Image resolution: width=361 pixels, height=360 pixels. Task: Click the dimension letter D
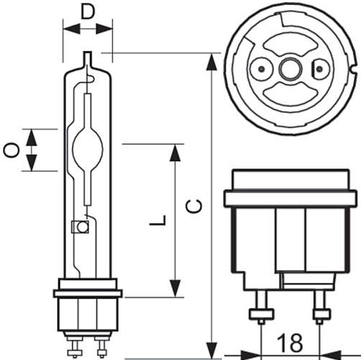pos(88,12)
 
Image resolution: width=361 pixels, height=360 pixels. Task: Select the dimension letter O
pos(11,150)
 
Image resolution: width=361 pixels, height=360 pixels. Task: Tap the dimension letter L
pos(158,220)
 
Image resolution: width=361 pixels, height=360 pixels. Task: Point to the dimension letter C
pos(194,206)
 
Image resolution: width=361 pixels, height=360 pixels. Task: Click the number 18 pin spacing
pos(290,343)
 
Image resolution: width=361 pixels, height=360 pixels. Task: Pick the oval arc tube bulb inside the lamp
pos(88,149)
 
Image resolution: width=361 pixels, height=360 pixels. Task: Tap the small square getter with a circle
pos(80,227)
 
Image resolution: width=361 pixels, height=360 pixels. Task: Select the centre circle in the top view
pos(290,69)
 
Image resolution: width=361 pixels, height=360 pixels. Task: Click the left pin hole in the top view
pos(262,69)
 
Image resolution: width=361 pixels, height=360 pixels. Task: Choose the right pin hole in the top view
pos(318,69)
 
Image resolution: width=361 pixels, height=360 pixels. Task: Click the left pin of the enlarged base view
pos(262,307)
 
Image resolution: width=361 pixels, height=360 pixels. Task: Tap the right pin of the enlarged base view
pos(319,307)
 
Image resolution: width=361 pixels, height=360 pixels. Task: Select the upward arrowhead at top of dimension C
pos(212,62)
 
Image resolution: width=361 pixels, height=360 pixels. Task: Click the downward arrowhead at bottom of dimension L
pos(175,288)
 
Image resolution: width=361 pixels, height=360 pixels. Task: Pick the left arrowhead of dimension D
pos(71,29)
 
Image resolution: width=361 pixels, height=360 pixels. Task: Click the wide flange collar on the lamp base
pos(88,294)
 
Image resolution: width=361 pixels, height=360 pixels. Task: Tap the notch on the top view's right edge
pos(353,69)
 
